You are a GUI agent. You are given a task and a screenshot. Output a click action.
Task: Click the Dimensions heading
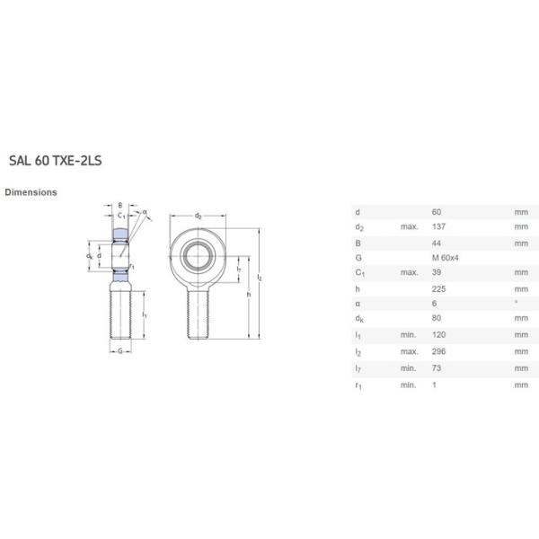[x=31, y=192]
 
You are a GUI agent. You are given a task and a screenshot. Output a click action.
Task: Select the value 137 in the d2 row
[x=438, y=226]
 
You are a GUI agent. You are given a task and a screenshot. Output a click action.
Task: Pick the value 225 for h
[x=438, y=288]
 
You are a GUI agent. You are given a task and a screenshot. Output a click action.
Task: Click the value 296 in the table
[x=438, y=352]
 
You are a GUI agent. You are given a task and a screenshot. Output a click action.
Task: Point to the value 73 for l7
[x=437, y=368]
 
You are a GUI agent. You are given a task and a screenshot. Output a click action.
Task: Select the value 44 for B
[x=437, y=242]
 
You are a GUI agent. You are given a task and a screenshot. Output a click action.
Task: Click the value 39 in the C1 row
[x=437, y=273]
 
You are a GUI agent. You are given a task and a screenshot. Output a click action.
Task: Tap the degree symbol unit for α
[x=516, y=304]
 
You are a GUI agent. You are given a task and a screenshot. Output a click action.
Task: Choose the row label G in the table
[x=358, y=257]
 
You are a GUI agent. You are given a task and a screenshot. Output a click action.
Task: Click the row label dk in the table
[x=358, y=321]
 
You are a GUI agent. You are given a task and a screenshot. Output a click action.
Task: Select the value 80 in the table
[x=437, y=321]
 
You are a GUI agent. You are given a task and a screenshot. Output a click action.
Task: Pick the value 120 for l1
[x=438, y=336]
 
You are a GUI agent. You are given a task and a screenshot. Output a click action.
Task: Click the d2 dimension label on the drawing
[x=198, y=216]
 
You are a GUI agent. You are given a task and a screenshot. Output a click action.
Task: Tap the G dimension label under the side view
[x=119, y=351]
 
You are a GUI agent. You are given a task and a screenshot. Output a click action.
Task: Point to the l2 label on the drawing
[x=260, y=278]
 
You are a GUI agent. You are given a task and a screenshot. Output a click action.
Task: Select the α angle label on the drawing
[x=144, y=213]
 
